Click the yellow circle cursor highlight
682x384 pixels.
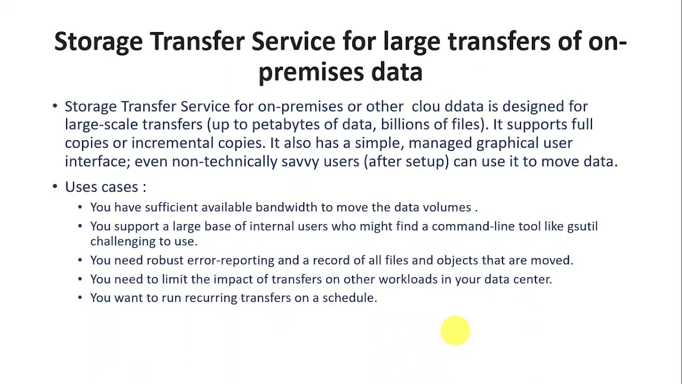click(455, 331)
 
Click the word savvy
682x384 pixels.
click(300, 162)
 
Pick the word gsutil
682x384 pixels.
click(582, 227)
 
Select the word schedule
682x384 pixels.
click(349, 298)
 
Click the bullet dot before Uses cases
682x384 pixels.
click(55, 186)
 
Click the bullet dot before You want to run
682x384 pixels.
click(80, 298)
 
